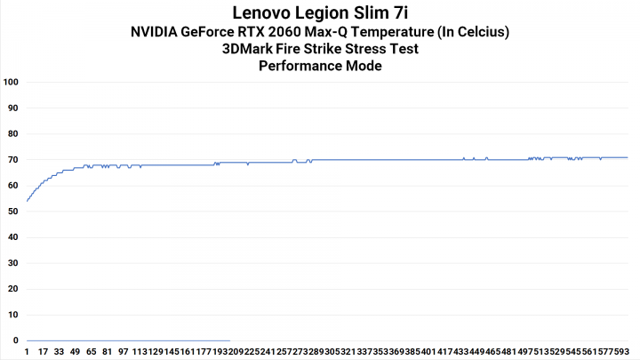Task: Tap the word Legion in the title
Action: pyautogui.click(x=329, y=13)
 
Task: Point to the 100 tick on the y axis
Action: pyautogui.click(x=12, y=83)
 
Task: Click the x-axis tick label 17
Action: pyautogui.click(x=43, y=352)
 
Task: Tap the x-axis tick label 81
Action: pyautogui.click(x=107, y=352)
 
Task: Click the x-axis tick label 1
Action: pyautogui.click(x=28, y=352)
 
